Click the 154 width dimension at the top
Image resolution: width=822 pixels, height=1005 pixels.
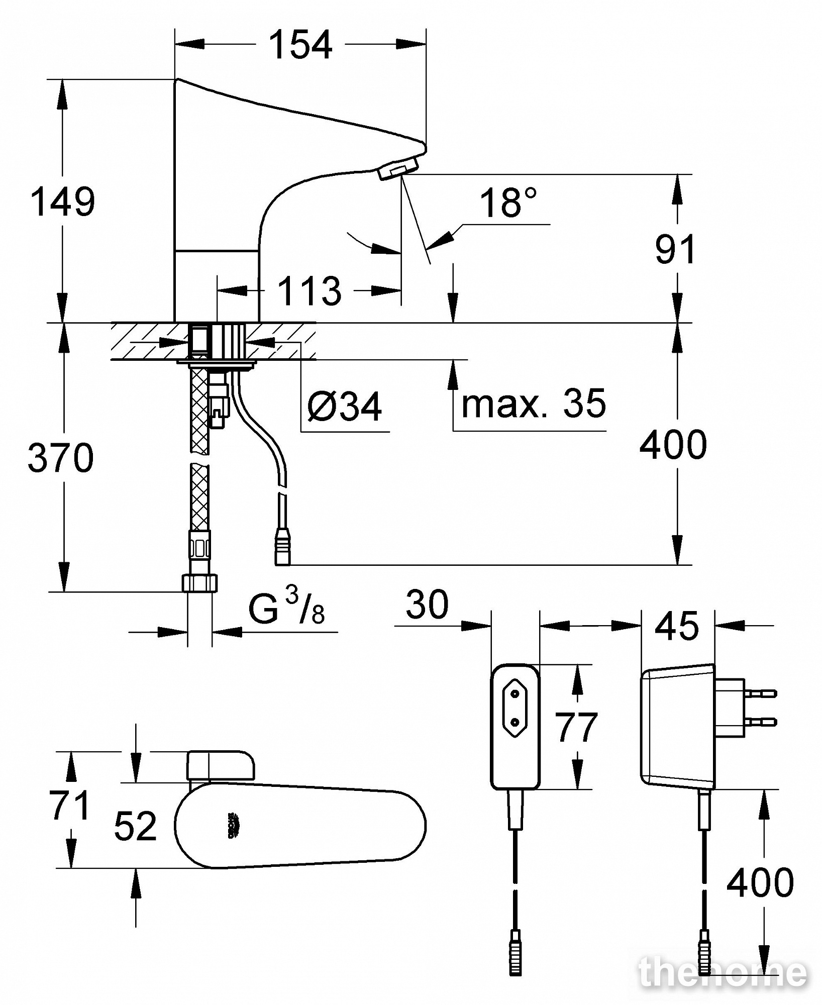[300, 45]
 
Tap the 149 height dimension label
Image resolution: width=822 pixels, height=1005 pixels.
[62, 202]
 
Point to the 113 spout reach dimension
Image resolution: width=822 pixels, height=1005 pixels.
[310, 290]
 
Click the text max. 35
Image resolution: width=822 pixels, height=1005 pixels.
[534, 403]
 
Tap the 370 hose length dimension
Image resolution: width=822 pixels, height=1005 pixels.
[60, 457]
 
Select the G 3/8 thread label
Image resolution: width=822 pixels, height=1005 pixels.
[286, 608]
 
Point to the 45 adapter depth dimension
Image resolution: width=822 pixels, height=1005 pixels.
[677, 626]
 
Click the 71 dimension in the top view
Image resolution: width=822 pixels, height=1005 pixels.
[70, 805]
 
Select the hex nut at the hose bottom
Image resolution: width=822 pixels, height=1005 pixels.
[200, 583]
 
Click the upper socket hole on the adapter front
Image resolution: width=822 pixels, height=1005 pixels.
[515, 694]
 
